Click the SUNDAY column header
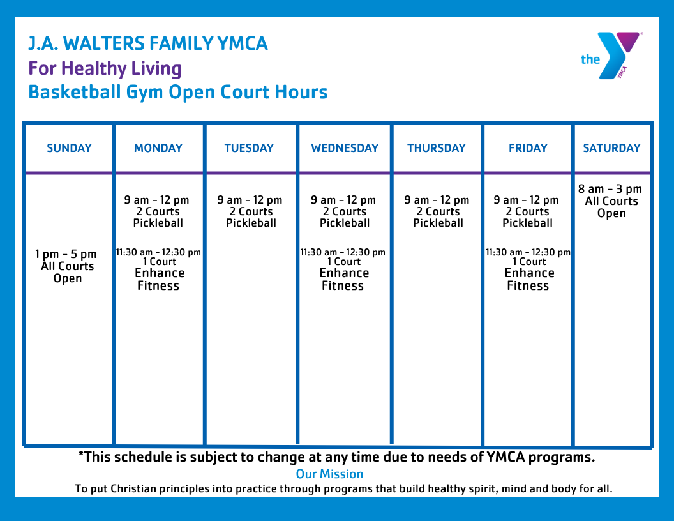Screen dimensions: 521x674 (x=69, y=148)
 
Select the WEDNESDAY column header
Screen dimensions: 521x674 (x=345, y=148)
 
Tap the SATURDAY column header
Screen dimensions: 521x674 (x=611, y=148)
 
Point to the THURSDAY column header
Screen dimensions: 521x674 (x=437, y=148)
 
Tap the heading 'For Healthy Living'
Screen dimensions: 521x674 (x=105, y=68)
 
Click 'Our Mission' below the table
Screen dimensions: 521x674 (x=329, y=474)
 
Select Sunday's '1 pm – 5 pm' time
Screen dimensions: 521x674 (x=66, y=254)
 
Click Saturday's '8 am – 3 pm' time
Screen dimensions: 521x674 (x=610, y=189)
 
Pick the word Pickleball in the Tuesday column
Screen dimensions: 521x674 (x=251, y=223)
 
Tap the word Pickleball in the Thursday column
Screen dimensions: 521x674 (x=438, y=223)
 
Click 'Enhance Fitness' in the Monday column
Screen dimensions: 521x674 (x=159, y=279)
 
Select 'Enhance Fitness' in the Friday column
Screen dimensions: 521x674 (x=529, y=279)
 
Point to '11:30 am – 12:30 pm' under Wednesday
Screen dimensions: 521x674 (x=343, y=252)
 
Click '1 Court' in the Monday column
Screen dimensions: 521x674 (x=159, y=262)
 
